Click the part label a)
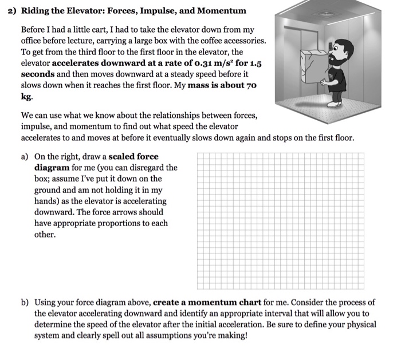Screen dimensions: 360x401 [x=25, y=156]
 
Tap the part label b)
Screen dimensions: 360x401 [x=25, y=302]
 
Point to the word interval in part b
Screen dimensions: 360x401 [x=260, y=314]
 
